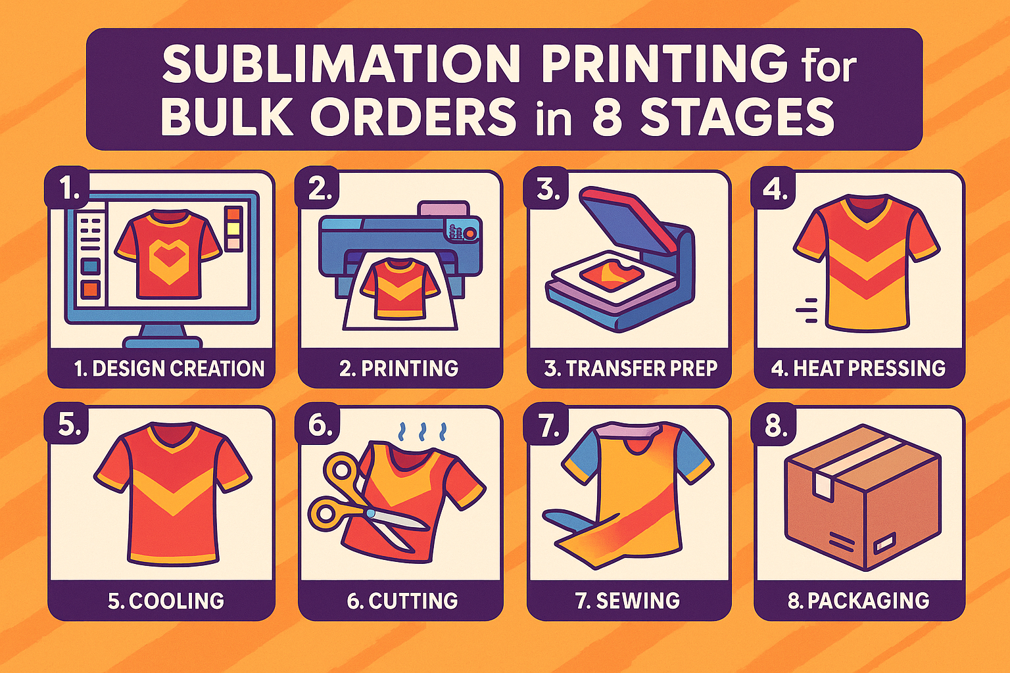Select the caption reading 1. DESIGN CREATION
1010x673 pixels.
pyautogui.click(x=170, y=368)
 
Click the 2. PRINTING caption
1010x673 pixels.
pyautogui.click(x=398, y=368)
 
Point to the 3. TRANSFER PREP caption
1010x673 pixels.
pyautogui.click(x=631, y=368)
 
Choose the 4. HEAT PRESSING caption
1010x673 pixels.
pyautogui.click(x=858, y=368)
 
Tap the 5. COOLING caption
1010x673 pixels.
pyautogui.click(x=166, y=601)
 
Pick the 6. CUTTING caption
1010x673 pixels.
pyautogui.click(x=402, y=601)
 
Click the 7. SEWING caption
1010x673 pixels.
pyautogui.click(x=627, y=601)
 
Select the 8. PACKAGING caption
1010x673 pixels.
pyautogui.click(x=859, y=601)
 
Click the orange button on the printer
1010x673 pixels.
pyautogui.click(x=470, y=233)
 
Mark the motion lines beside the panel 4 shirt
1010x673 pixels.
pyautogui.click(x=807, y=310)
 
